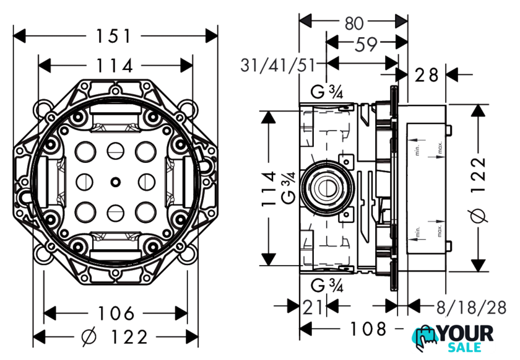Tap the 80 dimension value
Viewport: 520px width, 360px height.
point(353,23)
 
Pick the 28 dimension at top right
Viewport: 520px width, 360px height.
point(427,76)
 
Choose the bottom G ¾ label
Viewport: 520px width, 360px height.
point(327,286)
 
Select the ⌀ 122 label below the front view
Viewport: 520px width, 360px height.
point(115,337)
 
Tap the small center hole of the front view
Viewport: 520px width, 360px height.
point(115,182)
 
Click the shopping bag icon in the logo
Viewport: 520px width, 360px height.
point(428,337)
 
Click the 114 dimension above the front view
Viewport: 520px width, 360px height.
point(115,65)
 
